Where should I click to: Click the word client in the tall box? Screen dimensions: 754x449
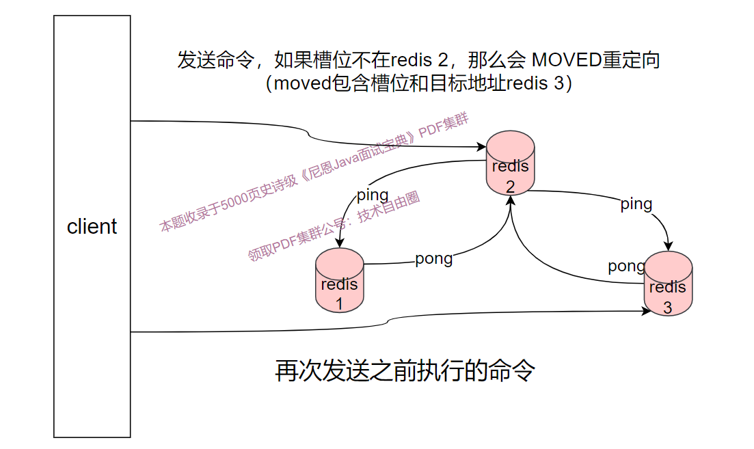[x=92, y=227]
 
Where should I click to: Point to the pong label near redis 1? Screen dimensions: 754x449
[x=434, y=259]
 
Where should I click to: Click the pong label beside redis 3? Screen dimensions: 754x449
[x=626, y=266]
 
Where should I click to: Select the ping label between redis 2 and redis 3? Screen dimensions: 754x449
[x=636, y=204]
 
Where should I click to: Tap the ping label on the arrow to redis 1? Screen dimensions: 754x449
[x=373, y=195]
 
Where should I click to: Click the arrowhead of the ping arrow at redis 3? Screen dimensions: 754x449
[x=669, y=247]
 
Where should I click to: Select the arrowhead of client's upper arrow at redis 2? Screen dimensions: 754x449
[x=481, y=146]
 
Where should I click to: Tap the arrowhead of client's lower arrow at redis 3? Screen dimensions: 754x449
[x=647, y=311]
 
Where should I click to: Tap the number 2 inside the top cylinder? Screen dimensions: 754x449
[x=510, y=187]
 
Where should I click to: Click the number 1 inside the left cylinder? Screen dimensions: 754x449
[x=339, y=305]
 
